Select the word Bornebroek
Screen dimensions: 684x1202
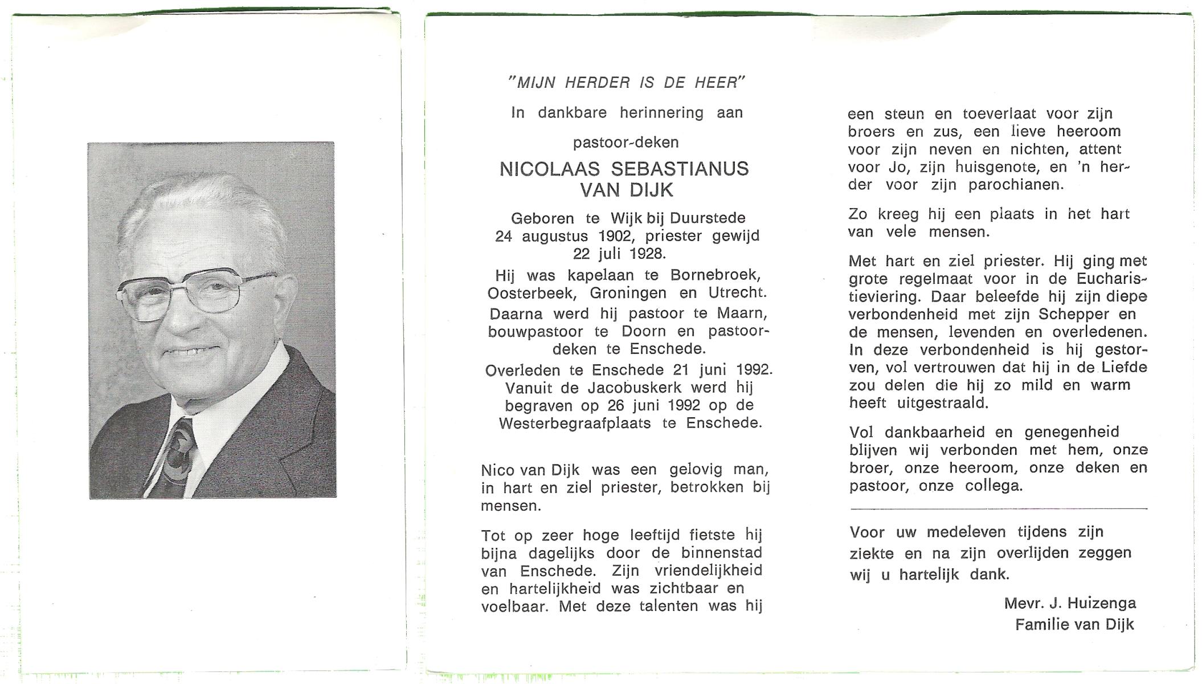click(716, 275)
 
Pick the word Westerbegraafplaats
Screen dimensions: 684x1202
click(576, 424)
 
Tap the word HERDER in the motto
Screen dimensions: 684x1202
click(598, 83)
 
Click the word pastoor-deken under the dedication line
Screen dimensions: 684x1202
click(625, 142)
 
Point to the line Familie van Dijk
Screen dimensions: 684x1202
click(1074, 625)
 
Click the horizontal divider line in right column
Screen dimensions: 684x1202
click(998, 508)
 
